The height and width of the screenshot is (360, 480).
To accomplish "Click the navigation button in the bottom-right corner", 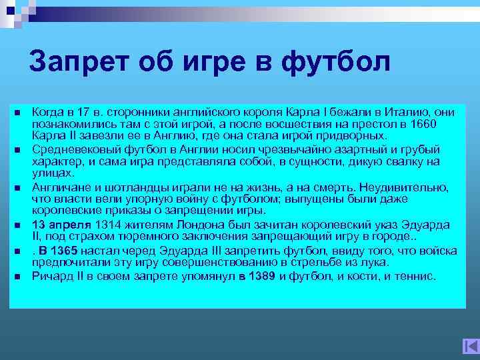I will (x=470, y=347).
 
